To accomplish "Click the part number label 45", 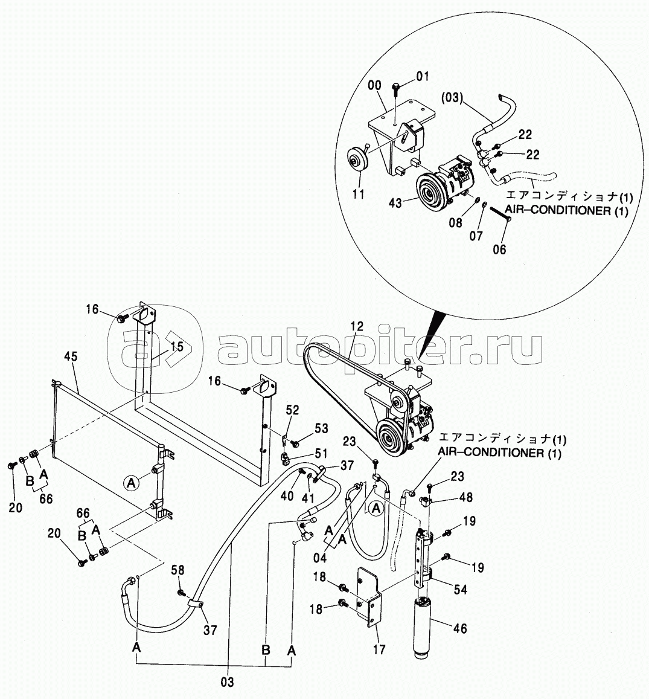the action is [71, 356].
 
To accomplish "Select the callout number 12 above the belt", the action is [357, 327].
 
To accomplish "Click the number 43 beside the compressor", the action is [395, 203].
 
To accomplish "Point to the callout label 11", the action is [357, 194].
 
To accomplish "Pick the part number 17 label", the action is [379, 649].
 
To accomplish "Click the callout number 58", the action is [177, 570].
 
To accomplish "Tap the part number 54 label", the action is [461, 590].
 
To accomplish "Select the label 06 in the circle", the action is [499, 250].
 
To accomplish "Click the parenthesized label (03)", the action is [452, 98].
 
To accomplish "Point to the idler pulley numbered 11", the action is [357, 159].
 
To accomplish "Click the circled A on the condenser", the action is [131, 482].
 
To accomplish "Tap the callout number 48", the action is [467, 497].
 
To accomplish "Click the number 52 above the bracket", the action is [292, 410].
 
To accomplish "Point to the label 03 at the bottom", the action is [227, 682].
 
